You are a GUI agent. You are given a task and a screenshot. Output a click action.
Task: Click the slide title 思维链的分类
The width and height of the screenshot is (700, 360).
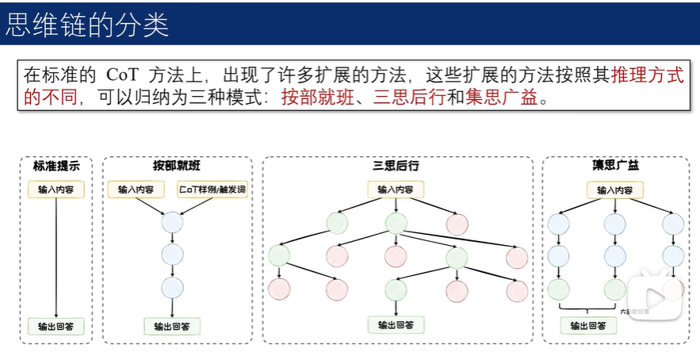point(87,24)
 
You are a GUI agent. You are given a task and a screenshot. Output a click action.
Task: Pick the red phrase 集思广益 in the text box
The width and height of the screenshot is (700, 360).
point(497,100)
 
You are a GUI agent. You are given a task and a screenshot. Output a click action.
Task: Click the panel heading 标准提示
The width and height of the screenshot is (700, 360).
point(55,166)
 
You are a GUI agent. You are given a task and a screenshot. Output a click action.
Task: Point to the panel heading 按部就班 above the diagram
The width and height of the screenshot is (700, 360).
point(176,166)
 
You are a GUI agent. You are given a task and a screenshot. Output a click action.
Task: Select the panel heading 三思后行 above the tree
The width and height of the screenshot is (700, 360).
point(396,166)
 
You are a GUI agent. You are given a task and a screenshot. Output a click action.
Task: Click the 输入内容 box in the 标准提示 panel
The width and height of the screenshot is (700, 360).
point(55,190)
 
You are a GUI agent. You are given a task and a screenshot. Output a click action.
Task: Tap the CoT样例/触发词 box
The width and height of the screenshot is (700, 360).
point(212,190)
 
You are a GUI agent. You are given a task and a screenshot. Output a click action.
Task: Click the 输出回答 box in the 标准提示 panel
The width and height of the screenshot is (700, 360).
point(55,326)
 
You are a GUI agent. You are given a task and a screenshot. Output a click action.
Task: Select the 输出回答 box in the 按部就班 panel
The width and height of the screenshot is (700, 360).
point(172,326)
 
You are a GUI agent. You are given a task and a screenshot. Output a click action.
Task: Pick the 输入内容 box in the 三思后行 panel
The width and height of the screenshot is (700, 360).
point(396,190)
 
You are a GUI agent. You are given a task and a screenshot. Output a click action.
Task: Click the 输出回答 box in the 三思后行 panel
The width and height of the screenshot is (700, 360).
point(396,325)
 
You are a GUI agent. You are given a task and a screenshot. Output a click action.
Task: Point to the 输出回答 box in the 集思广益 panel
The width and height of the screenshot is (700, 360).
point(587,325)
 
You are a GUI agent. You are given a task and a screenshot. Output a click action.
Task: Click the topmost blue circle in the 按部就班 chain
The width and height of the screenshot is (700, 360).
point(172,222)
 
